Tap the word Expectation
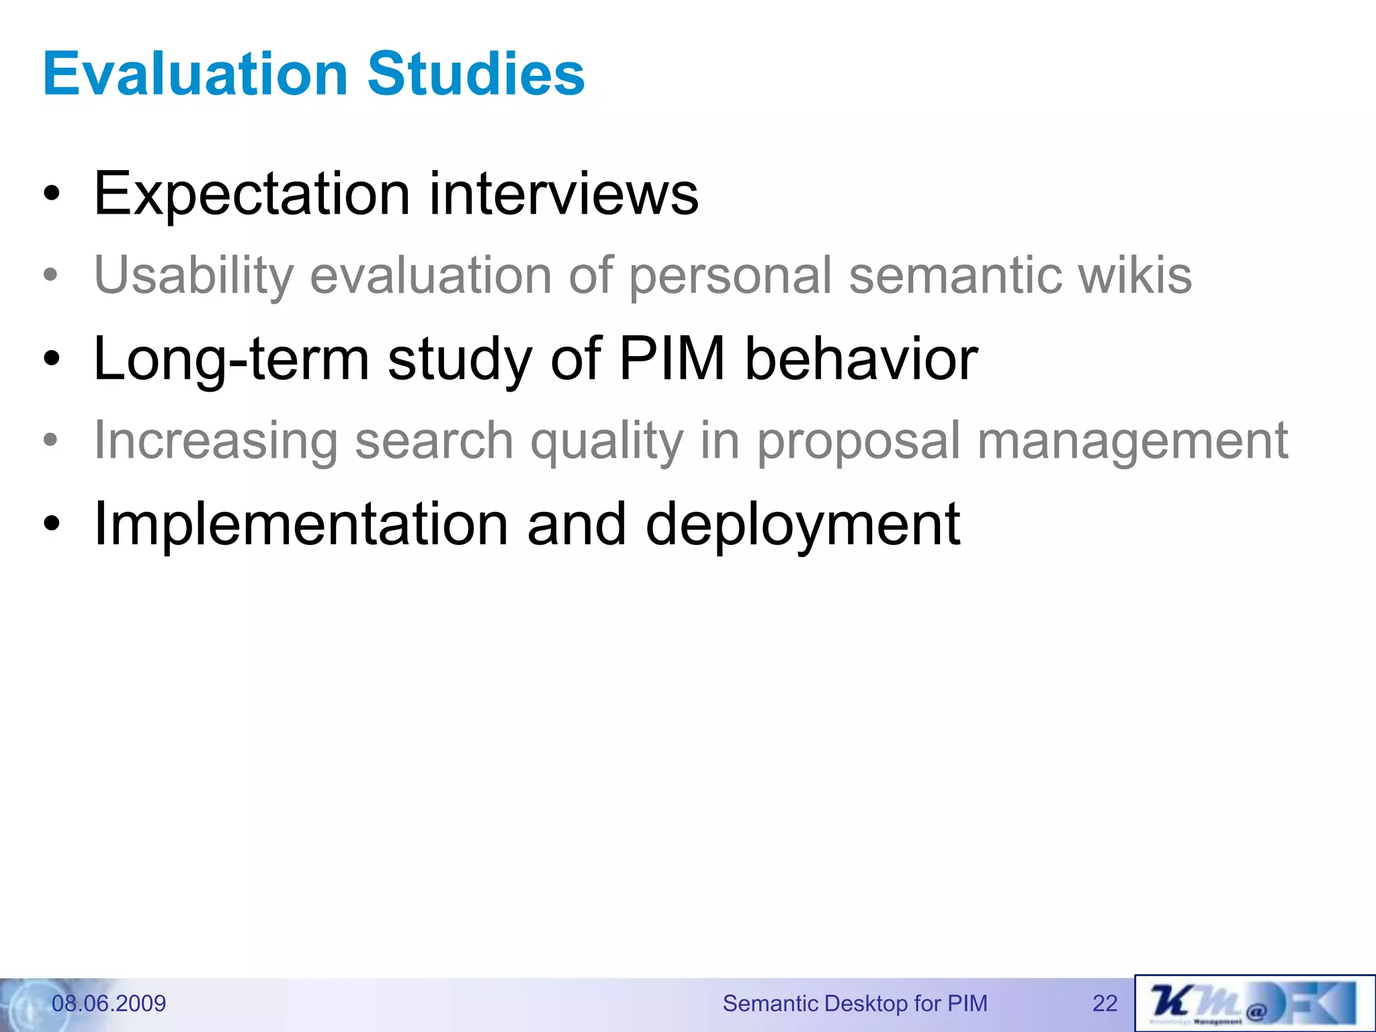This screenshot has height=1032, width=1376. pyautogui.click(x=252, y=195)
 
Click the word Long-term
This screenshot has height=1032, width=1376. pyautogui.click(x=231, y=359)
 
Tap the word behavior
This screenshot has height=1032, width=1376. pyautogui.click(x=861, y=359)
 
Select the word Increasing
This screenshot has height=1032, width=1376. pyautogui.click(x=216, y=441)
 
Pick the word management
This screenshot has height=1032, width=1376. pyautogui.click(x=1132, y=441)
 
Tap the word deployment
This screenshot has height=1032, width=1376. pyautogui.click(x=802, y=524)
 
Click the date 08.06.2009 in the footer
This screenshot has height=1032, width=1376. pyautogui.click(x=109, y=1003)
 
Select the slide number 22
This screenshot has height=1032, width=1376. pyautogui.click(x=1105, y=1003)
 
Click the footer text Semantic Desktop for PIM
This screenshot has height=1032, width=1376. pyautogui.click(x=855, y=1003)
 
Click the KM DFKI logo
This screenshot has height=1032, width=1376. pyautogui.click(x=1254, y=1003)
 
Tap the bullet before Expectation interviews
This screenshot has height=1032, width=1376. pyautogui.click(x=52, y=196)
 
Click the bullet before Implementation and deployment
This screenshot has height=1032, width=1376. pyautogui.click(x=52, y=524)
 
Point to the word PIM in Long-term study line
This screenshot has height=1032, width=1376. pyautogui.click(x=671, y=359)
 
